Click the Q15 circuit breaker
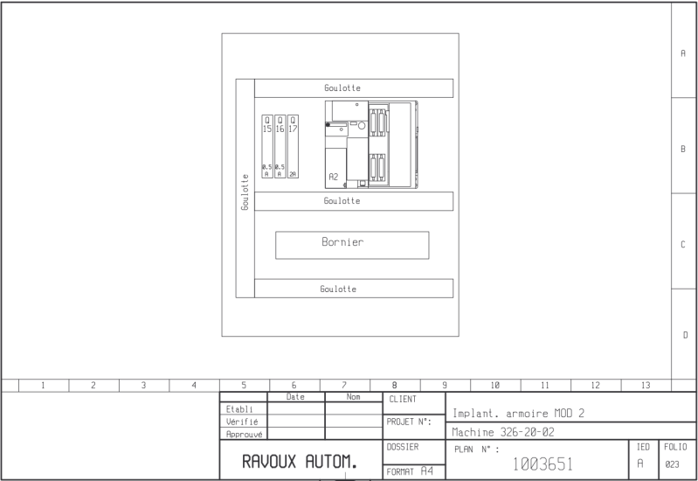267,147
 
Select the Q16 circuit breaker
280,147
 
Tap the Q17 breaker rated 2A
293,147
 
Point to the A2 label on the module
334,177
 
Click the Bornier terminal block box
352,245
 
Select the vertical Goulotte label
245,192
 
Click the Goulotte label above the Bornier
342,201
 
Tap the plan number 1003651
543,464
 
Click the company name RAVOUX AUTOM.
300,462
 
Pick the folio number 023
672,464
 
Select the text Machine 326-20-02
503,432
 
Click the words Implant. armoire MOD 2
519,414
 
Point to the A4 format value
427,471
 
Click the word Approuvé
244,434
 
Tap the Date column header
295,397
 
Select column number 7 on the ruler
344,385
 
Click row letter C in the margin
683,244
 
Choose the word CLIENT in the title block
403,400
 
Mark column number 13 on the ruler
646,385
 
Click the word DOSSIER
403,447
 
